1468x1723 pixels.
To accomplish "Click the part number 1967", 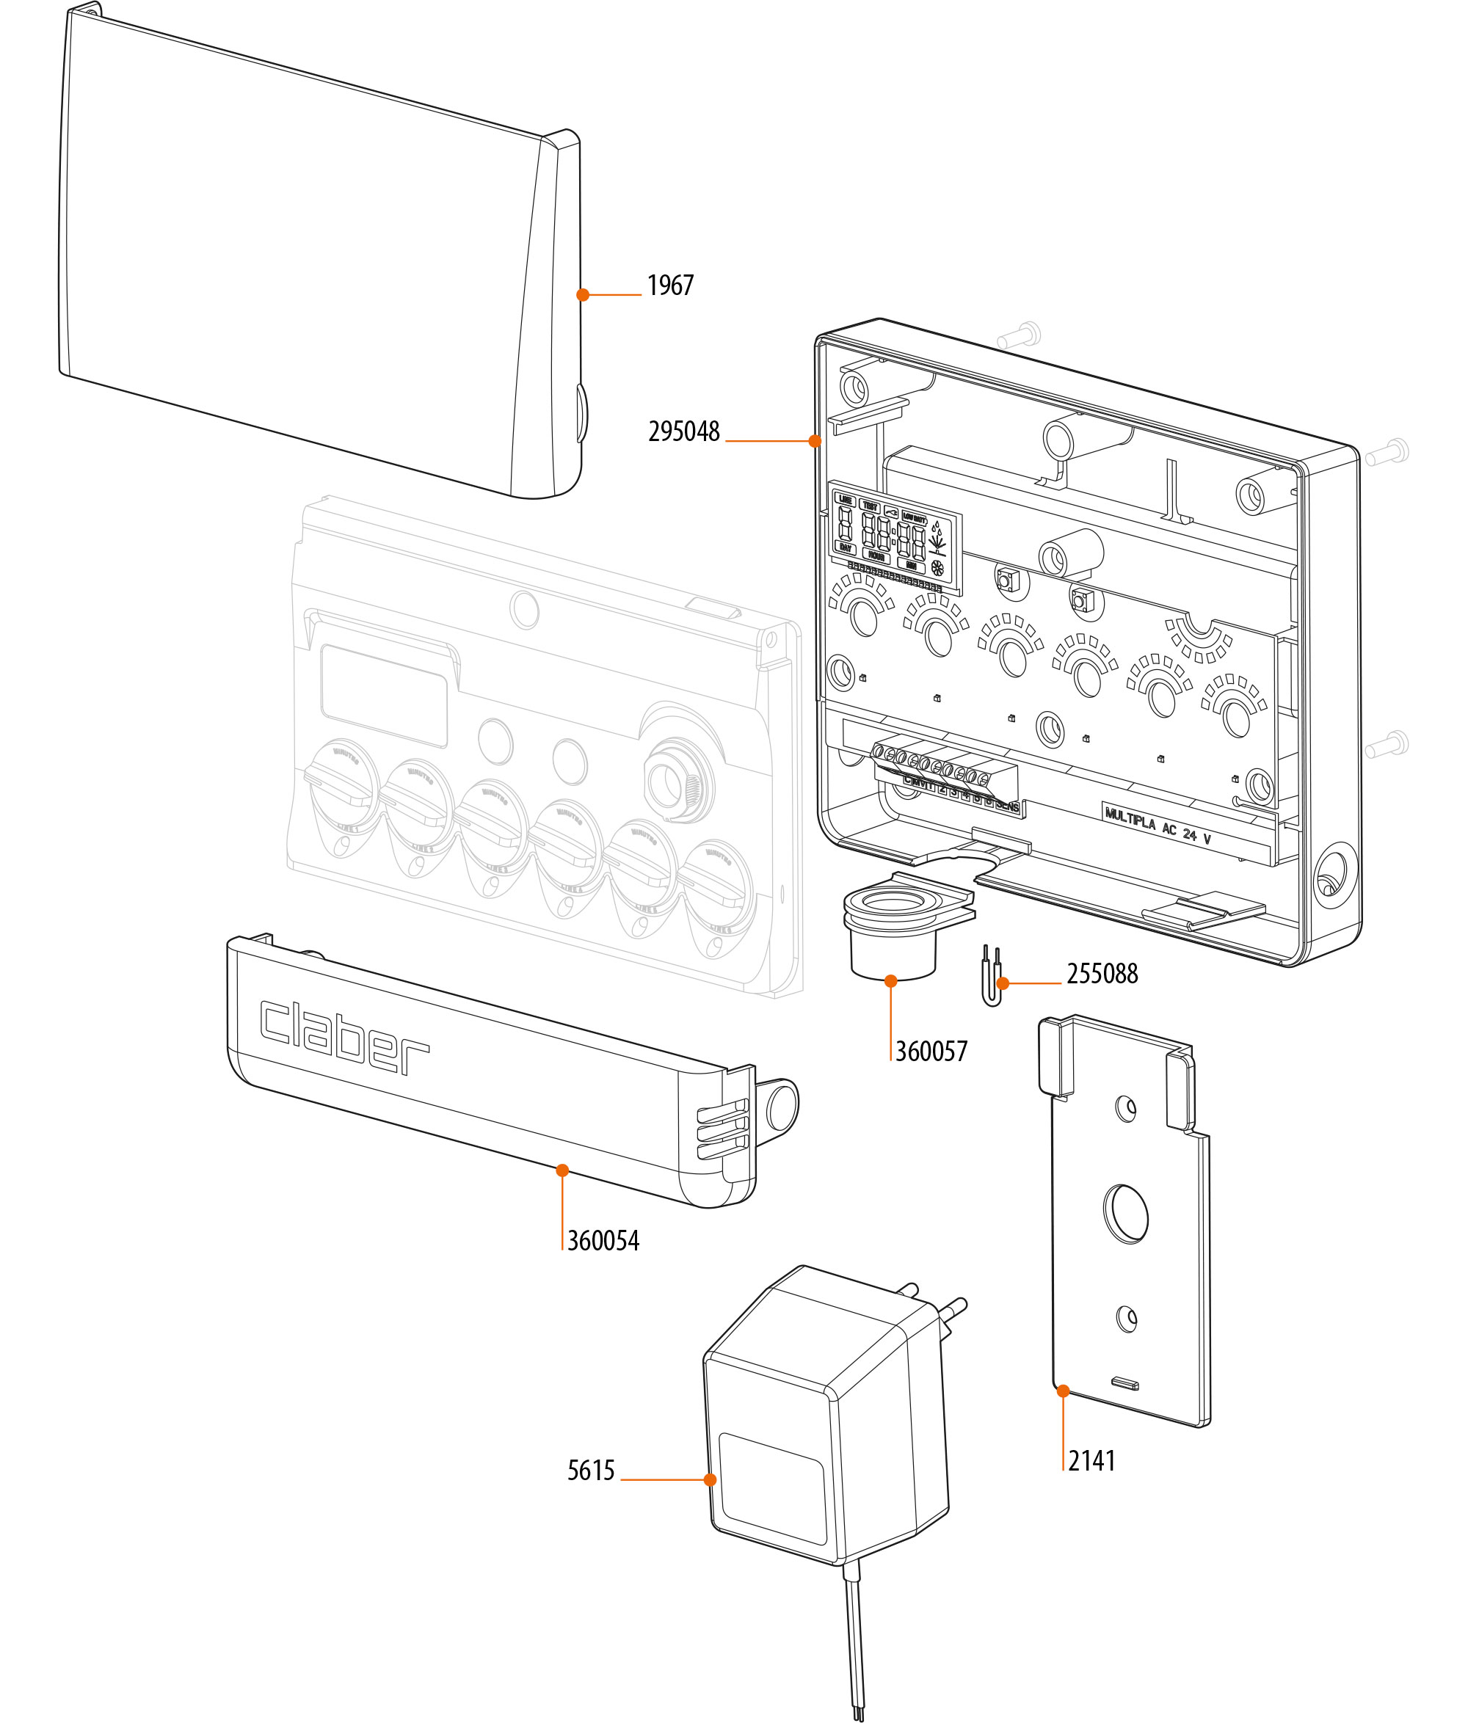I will click(669, 286).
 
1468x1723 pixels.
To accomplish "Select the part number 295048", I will click(683, 431).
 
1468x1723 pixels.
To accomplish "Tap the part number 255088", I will click(1101, 974).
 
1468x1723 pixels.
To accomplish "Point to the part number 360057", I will click(931, 1051).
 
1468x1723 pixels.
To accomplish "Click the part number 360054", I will click(603, 1241).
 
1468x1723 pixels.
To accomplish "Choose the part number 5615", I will click(591, 1471).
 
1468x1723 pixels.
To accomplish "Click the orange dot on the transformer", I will click(710, 1479).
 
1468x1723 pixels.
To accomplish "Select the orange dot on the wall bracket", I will click(1063, 1391).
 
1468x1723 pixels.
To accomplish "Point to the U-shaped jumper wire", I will click(992, 978).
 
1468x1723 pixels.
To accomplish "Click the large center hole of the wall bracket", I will click(1125, 1214).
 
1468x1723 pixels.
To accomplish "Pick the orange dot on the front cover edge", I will click(583, 294).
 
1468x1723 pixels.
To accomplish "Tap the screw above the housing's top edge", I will click(1020, 335).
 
